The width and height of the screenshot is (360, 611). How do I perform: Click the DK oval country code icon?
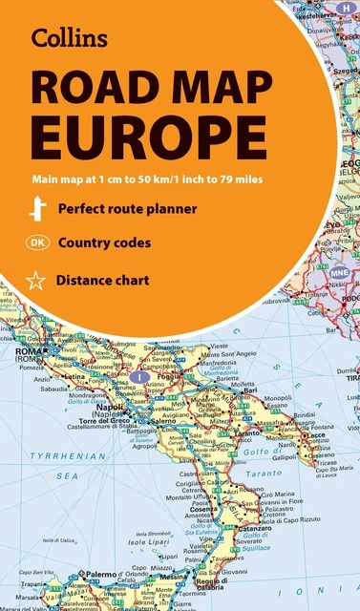pyautogui.click(x=38, y=242)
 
